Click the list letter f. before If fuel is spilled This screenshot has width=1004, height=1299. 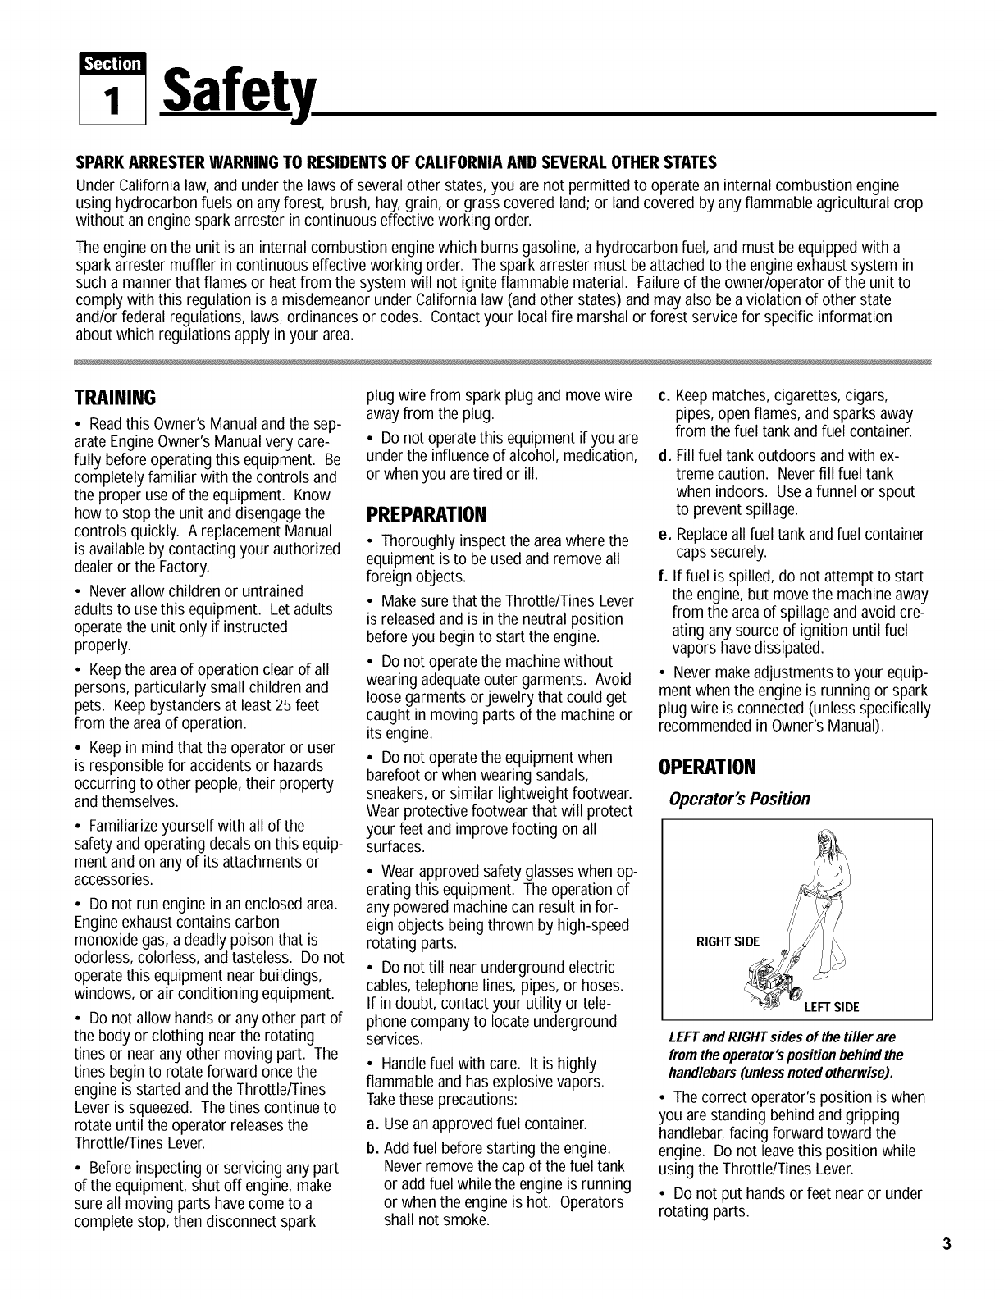664,575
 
